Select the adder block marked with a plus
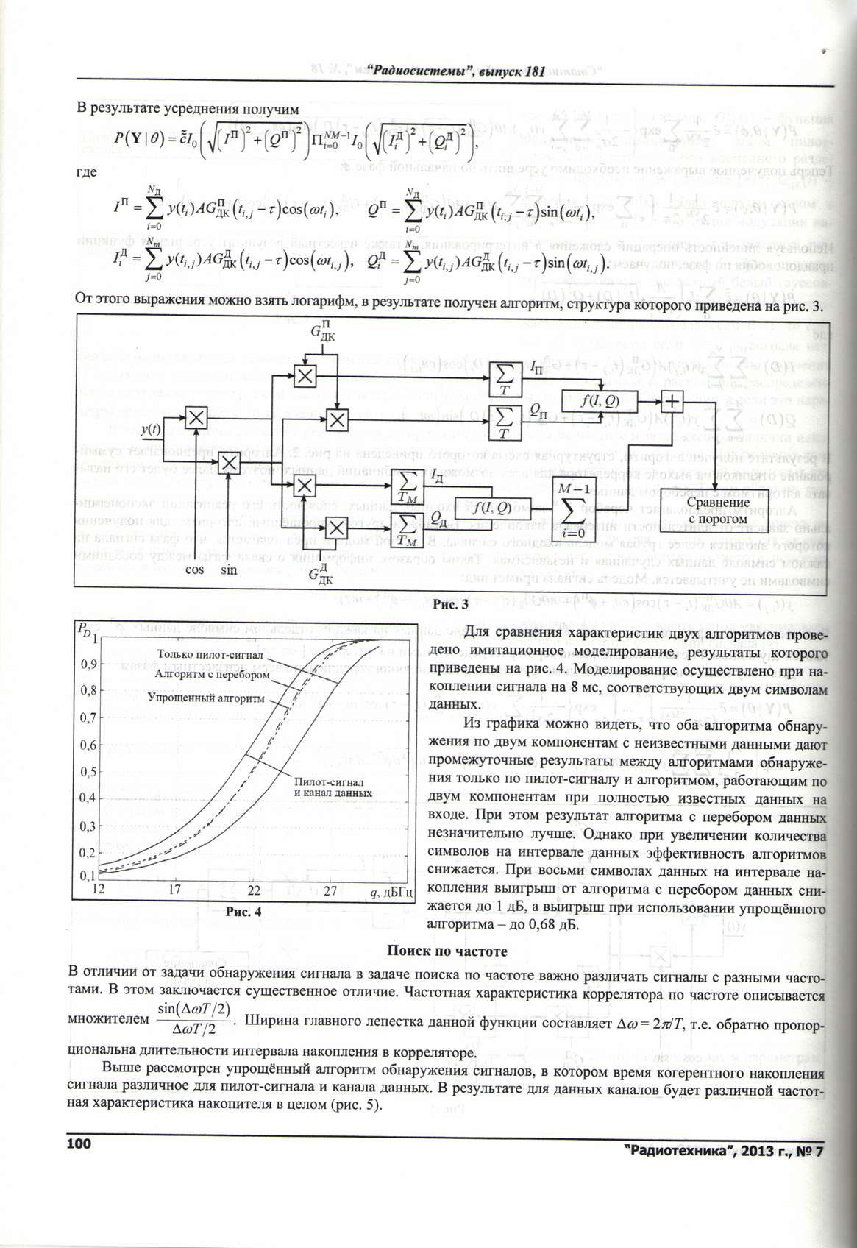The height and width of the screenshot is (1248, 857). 672,401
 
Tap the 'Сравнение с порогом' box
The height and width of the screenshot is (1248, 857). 707,510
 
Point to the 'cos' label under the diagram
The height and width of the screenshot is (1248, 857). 194,569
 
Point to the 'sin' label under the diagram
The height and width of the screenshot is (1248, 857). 230,569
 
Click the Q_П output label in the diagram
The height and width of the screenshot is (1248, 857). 540,409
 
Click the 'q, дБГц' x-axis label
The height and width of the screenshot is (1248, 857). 391,892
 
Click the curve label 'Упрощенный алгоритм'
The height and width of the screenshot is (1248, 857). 205,696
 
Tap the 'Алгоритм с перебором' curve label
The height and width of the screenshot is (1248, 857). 213,674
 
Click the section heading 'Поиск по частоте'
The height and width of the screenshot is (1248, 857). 447,951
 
